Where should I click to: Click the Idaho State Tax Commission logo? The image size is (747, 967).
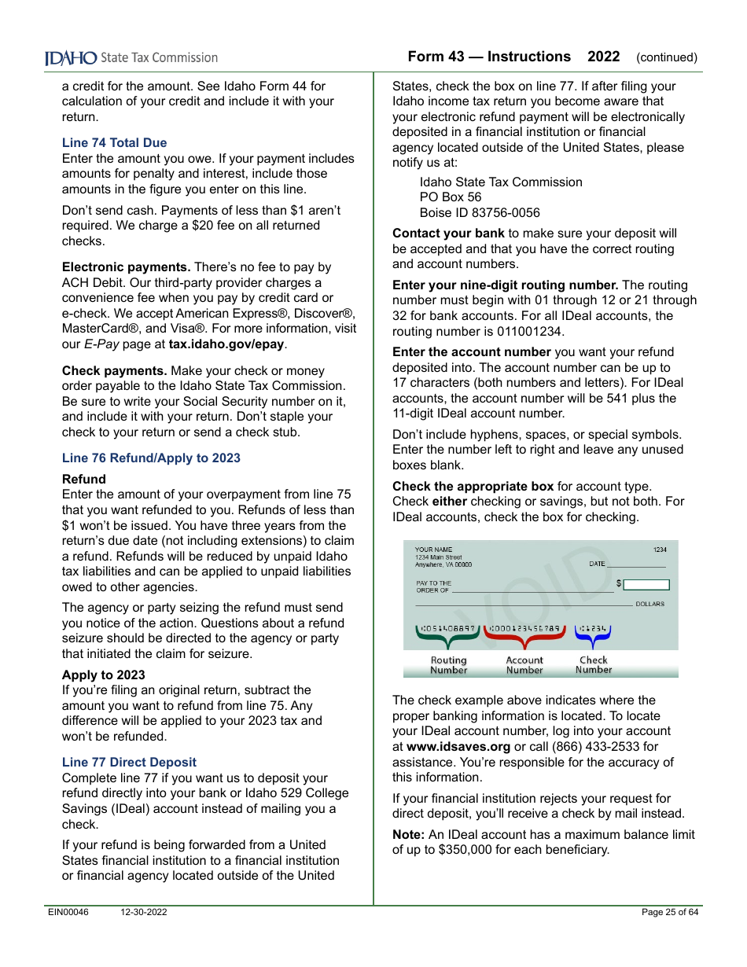coord(131,58)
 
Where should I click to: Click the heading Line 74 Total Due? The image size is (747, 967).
coord(114,143)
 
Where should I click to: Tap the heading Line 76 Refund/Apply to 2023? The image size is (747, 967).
coord(151,458)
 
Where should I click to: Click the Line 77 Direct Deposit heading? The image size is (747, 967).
coord(129,763)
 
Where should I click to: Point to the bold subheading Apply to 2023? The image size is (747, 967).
coord(103,675)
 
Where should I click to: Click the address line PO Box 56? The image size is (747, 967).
coord(450,197)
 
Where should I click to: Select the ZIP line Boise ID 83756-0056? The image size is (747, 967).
coord(479,213)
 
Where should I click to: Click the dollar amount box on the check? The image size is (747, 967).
coord(646,585)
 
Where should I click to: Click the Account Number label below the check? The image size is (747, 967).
coord(524,665)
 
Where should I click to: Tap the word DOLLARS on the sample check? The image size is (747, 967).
coord(649,605)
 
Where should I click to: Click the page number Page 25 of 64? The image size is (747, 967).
coord(669,913)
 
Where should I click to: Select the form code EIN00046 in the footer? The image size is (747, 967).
coord(68,913)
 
